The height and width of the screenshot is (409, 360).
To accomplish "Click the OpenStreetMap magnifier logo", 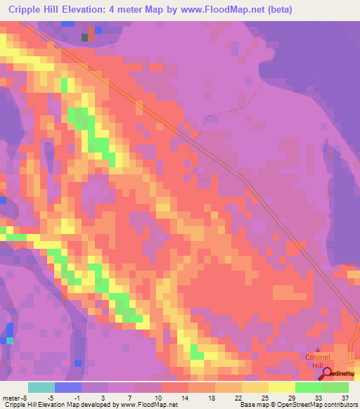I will [x=327, y=373].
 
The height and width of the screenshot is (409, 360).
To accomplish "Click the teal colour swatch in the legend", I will [x=41, y=387].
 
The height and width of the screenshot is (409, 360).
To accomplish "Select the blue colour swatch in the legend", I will [x=68, y=387].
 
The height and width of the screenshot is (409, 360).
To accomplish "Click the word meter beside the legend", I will [x=9, y=397].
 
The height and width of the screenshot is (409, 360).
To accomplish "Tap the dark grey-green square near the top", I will [x=86, y=37].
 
